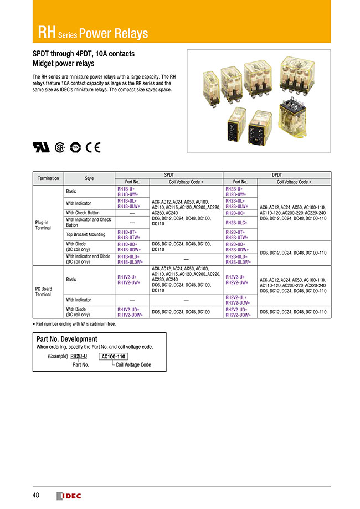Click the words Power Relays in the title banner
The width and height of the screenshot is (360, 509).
click(114, 34)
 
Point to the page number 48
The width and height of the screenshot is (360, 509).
click(35, 495)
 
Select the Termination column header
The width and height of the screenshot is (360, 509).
click(48, 178)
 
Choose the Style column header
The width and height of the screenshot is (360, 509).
click(89, 178)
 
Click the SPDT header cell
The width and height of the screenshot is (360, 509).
click(169, 174)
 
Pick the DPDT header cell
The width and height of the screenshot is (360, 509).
click(277, 174)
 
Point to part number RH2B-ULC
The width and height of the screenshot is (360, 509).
click(236, 223)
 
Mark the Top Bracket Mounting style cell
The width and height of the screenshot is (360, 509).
click(86, 234)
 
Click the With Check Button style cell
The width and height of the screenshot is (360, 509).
click(83, 213)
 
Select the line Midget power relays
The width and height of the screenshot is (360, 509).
click(63, 64)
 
